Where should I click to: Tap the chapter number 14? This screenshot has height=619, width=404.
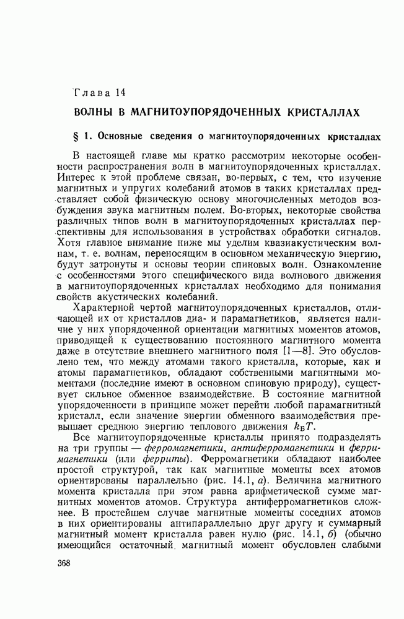[120, 93]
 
